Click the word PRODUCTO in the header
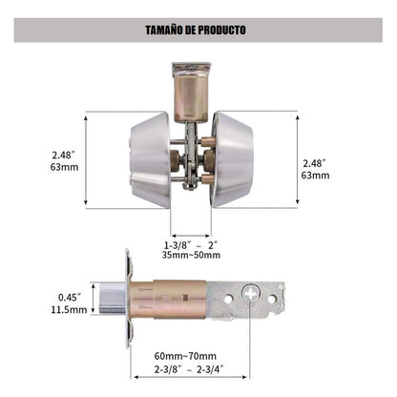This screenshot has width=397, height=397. (222, 30)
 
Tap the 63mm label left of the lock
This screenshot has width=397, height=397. (64, 167)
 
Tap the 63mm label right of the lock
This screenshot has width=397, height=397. (315, 176)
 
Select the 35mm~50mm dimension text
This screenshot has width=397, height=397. (191, 255)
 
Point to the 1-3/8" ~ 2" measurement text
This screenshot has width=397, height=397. (191, 245)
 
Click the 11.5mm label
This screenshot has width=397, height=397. (69, 309)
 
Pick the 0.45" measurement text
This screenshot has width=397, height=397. (70, 298)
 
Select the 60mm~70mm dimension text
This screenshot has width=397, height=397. (185, 356)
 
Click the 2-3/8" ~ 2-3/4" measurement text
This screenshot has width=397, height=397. (189, 369)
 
